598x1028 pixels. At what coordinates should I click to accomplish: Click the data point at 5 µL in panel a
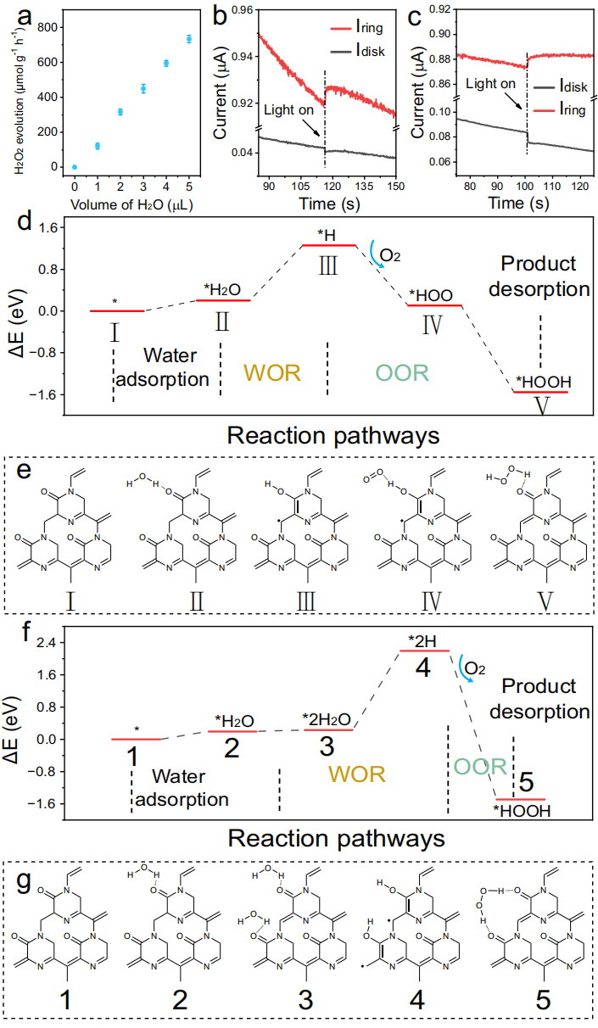(189, 39)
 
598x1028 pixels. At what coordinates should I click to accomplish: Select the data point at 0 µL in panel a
(75, 167)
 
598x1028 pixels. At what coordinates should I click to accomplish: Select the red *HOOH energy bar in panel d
(540, 392)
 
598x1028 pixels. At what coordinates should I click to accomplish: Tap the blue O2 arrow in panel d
(373, 255)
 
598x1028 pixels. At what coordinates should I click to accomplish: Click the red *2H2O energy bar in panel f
(327, 729)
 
